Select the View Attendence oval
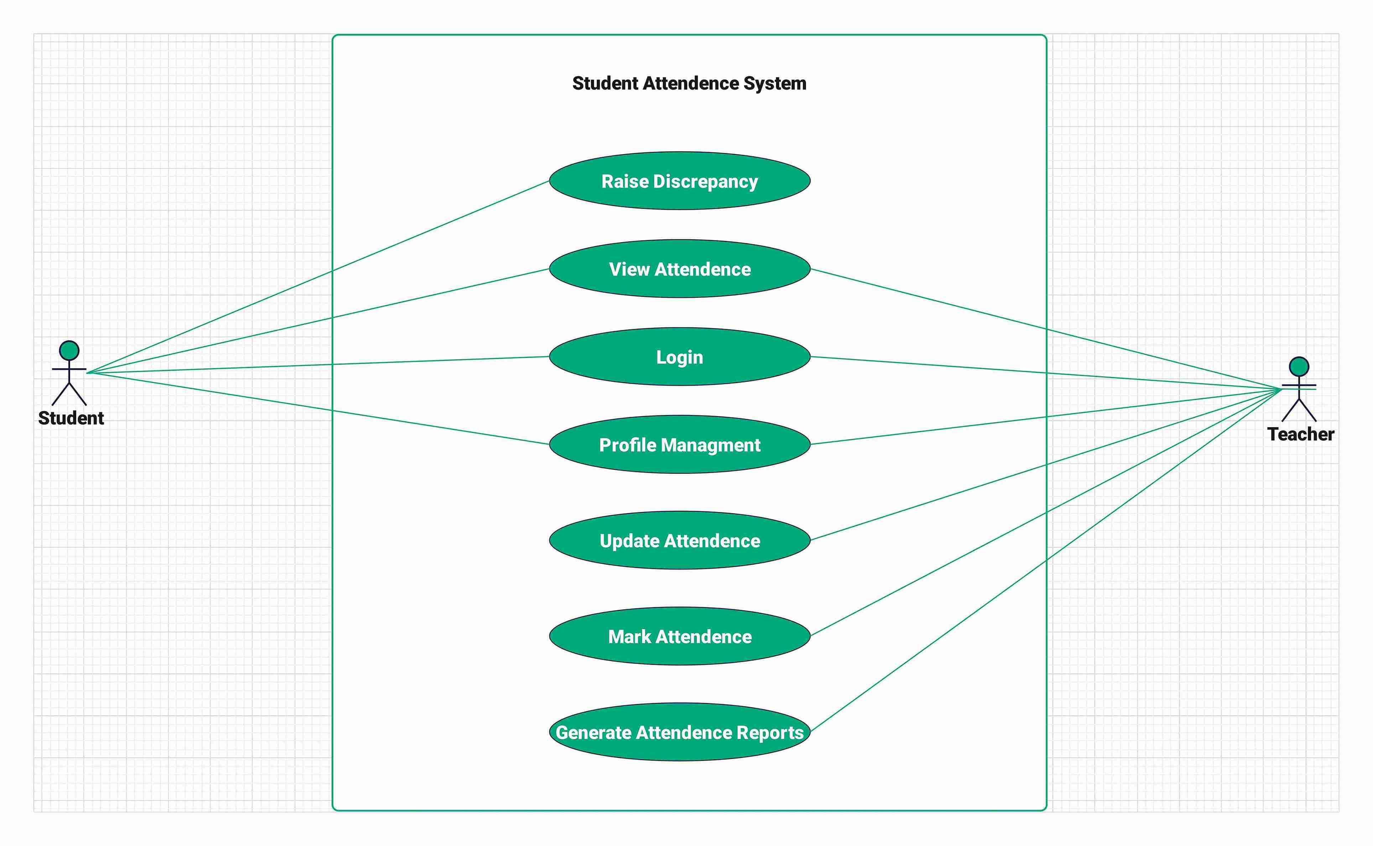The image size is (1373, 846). (x=680, y=269)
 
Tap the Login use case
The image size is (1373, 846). (x=680, y=357)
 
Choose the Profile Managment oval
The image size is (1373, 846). (x=680, y=445)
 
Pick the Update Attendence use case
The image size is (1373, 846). (x=680, y=540)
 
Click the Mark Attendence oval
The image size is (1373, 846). (x=680, y=636)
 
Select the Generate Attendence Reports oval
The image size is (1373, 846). (x=680, y=732)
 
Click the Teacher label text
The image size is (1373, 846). (x=1300, y=434)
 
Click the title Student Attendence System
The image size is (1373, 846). (x=689, y=83)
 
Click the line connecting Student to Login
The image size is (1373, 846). (x=318, y=365)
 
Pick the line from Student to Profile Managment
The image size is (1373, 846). (x=318, y=409)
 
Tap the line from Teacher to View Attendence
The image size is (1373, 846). (x=1046, y=329)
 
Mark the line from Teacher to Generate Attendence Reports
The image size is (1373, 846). (x=1046, y=560)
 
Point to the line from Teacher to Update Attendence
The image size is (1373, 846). (x=1046, y=465)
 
